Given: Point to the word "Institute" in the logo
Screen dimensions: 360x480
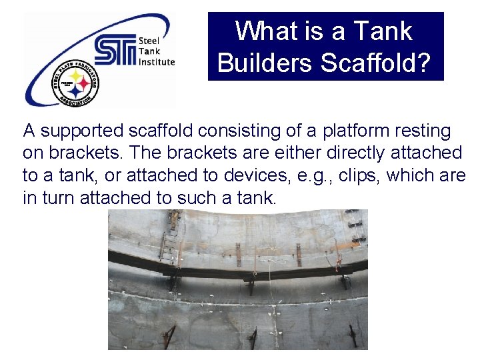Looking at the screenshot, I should tap(157, 62).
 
